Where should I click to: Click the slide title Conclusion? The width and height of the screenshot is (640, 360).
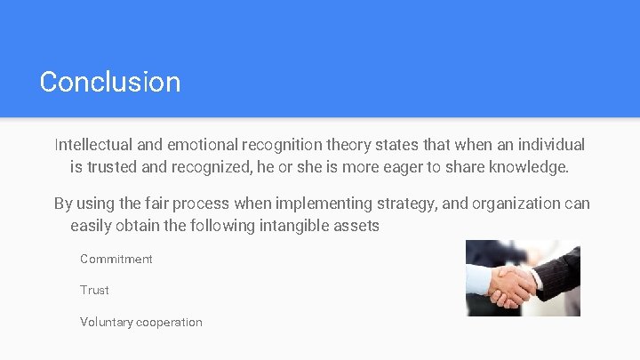tap(110, 82)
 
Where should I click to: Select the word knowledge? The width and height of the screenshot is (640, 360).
tap(530, 166)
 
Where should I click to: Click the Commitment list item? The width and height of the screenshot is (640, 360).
tap(116, 259)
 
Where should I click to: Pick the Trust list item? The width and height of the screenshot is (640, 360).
tap(94, 290)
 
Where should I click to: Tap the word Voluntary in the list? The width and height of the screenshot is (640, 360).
tap(106, 322)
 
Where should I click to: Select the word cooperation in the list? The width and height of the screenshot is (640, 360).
tap(169, 322)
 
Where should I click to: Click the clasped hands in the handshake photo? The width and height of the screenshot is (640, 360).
tap(515, 284)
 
